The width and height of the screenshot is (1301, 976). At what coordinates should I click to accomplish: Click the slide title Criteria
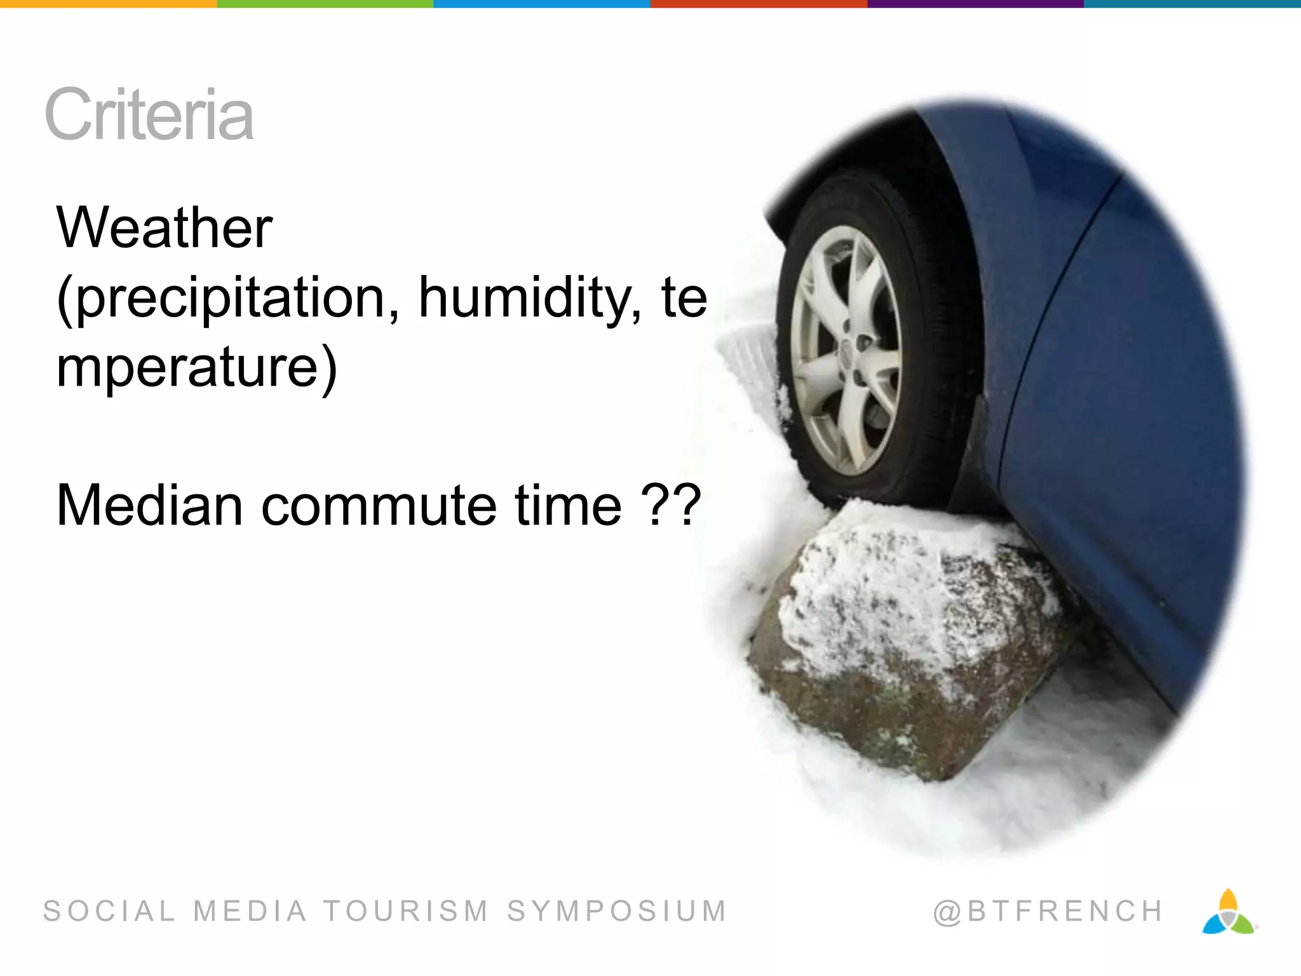point(149,115)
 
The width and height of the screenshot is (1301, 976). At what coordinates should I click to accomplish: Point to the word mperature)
point(196,369)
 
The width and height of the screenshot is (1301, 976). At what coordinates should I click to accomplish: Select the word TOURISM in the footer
point(407,911)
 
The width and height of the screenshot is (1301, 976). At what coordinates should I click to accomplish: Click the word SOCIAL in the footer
point(109,911)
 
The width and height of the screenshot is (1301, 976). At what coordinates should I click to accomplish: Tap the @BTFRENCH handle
point(1048,911)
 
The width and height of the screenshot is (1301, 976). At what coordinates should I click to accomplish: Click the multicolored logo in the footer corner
point(1229,912)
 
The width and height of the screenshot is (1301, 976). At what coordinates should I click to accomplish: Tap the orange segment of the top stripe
point(108,4)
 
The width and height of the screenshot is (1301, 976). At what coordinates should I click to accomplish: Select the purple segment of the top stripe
point(975,4)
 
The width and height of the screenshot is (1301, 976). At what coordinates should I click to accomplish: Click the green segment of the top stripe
point(325,4)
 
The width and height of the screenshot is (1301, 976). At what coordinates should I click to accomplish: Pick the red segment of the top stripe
point(758,4)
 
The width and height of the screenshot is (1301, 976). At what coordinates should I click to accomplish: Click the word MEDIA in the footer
point(250,911)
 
